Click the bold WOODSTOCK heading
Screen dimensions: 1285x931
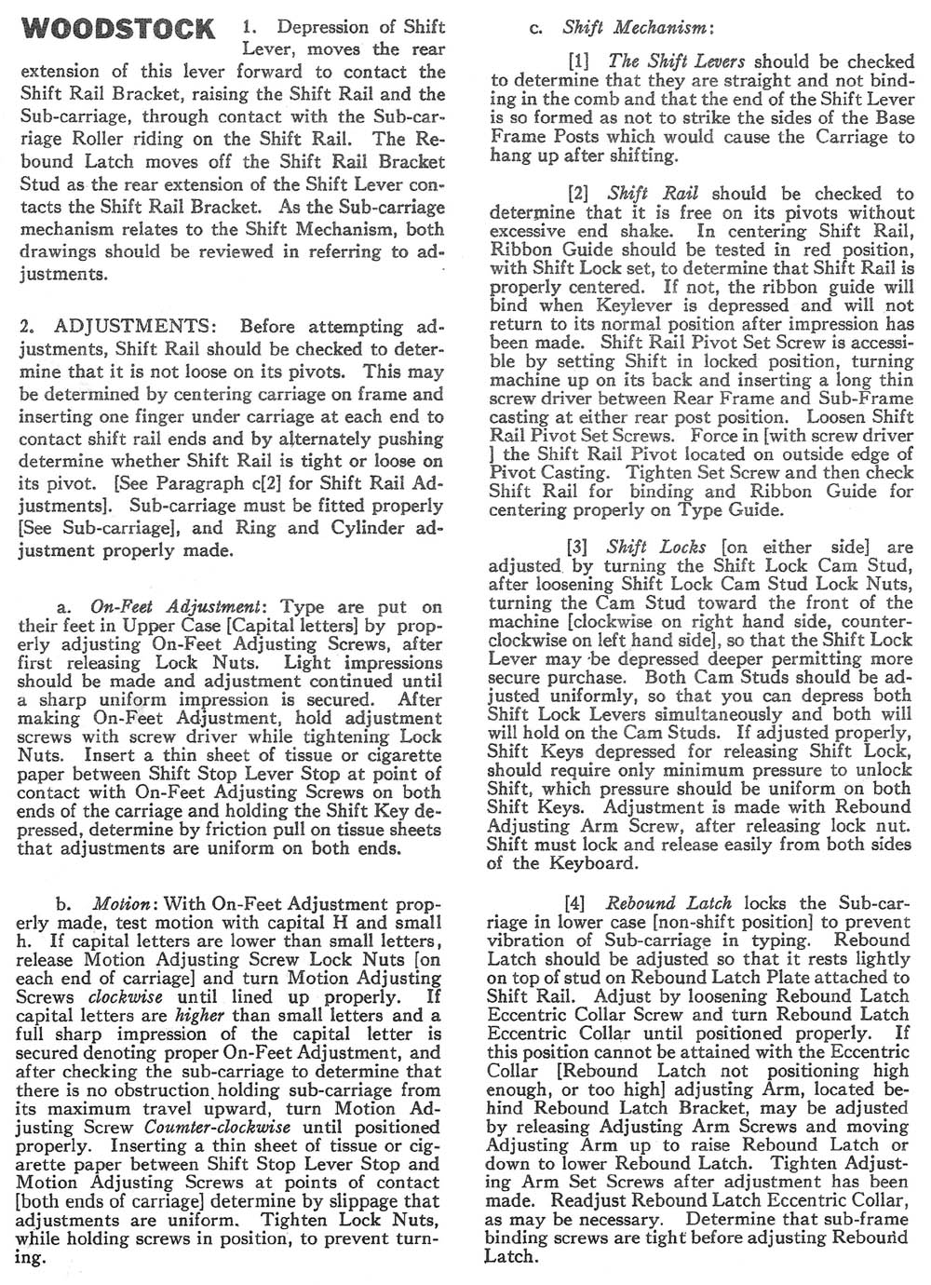[x=117, y=29]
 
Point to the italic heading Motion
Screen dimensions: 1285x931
[x=121, y=904]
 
